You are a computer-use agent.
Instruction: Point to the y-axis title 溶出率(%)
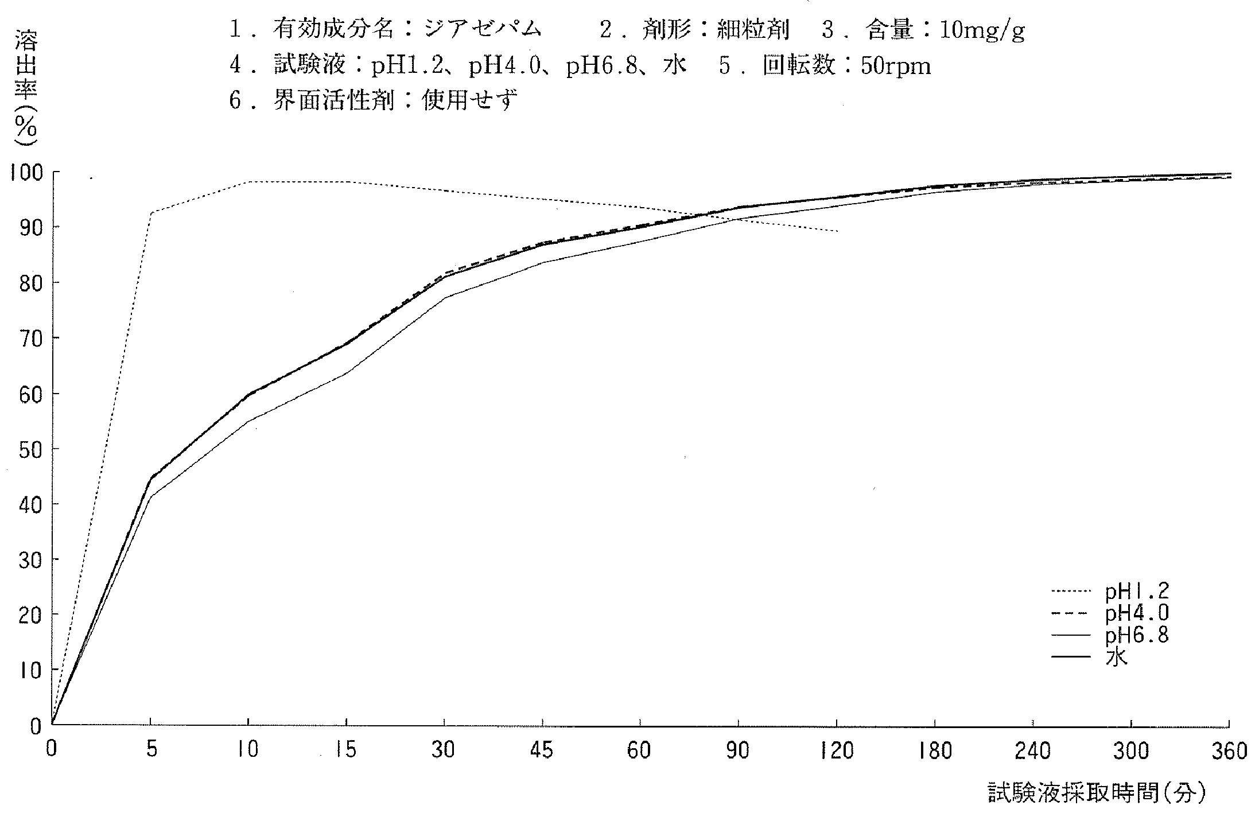(x=26, y=83)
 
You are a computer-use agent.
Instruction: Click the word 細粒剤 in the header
(x=752, y=30)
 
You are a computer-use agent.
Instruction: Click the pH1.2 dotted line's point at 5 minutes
(x=150, y=213)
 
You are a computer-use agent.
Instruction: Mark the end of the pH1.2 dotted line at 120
(x=837, y=231)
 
